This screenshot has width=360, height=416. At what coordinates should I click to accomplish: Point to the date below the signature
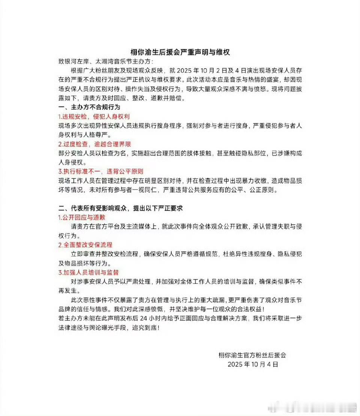click(x=253, y=364)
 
